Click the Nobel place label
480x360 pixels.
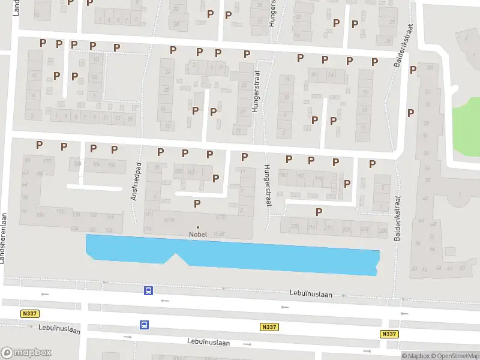(198, 234)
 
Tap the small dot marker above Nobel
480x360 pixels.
(198, 227)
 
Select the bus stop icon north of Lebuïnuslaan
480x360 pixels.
(148, 291)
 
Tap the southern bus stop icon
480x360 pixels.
(144, 325)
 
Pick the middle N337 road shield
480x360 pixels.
(269, 327)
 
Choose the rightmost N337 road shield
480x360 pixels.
(389, 334)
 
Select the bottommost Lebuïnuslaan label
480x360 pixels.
(209, 342)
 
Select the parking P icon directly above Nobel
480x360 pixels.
(197, 204)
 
